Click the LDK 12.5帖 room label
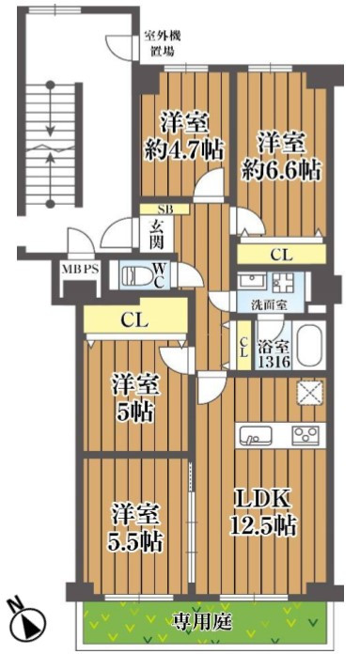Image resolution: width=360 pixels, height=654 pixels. click(264, 512)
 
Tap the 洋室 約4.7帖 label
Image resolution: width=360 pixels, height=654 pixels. click(183, 136)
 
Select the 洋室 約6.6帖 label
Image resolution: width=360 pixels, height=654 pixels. click(282, 155)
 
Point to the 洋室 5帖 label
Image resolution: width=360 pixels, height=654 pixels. click(134, 398)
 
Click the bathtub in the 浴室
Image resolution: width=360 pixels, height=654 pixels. click(308, 345)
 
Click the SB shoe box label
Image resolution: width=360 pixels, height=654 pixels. click(164, 209)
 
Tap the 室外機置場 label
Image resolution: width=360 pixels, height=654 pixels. click(163, 44)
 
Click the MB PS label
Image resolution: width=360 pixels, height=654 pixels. click(81, 269)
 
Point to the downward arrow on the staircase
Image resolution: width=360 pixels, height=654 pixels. click(51, 110)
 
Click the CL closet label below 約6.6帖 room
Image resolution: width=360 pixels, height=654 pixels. click(281, 255)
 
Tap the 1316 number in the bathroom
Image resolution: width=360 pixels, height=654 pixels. click(274, 361)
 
